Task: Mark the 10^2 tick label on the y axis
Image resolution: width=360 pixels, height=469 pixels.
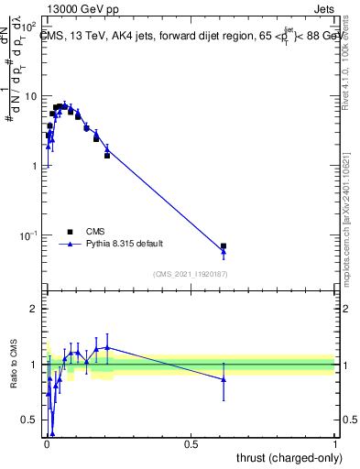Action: (x=31, y=27)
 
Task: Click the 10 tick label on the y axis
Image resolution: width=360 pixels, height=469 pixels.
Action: (x=31, y=96)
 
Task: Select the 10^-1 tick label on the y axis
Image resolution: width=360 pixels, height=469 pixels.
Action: (x=29, y=235)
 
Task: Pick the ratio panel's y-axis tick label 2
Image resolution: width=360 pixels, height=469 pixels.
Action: (x=33, y=309)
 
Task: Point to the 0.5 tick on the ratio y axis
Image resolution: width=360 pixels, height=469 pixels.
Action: (x=29, y=420)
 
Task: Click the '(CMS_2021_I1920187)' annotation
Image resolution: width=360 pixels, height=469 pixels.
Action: (x=190, y=274)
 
